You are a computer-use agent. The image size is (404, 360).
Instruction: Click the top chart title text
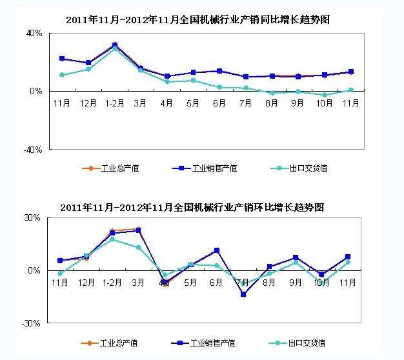click(197, 20)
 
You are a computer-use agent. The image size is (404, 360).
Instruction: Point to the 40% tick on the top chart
click(34, 33)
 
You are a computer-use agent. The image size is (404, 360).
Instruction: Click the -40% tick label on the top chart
click(33, 150)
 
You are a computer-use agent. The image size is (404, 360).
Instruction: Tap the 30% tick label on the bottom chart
click(33, 217)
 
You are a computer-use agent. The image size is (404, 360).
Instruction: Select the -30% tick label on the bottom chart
click(33, 323)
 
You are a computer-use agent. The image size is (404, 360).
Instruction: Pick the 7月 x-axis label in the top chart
click(245, 103)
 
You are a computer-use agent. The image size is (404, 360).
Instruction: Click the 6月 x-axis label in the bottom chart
click(217, 282)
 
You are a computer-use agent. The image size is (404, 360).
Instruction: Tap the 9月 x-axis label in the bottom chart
click(296, 282)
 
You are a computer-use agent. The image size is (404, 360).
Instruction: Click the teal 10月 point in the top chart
click(324, 95)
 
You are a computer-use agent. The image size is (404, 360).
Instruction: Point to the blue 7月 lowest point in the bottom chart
click(243, 294)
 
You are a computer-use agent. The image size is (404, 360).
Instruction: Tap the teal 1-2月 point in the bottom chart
click(112, 239)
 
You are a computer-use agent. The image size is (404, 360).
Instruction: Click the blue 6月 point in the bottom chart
click(217, 250)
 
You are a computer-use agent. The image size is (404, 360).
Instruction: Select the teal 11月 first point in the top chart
click(61, 75)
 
